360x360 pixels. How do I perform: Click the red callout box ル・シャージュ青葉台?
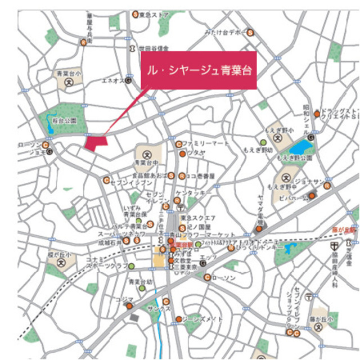tap(198, 70)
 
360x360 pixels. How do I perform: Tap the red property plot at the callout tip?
tap(94, 141)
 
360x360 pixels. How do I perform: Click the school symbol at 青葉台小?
tap(69, 82)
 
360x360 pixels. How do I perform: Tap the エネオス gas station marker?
tap(128, 80)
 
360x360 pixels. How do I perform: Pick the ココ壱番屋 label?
tap(201, 175)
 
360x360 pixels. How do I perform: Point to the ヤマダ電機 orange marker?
tap(259, 228)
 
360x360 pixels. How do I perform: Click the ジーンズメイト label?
tap(200, 319)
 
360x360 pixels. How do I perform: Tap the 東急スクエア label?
tap(195, 217)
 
